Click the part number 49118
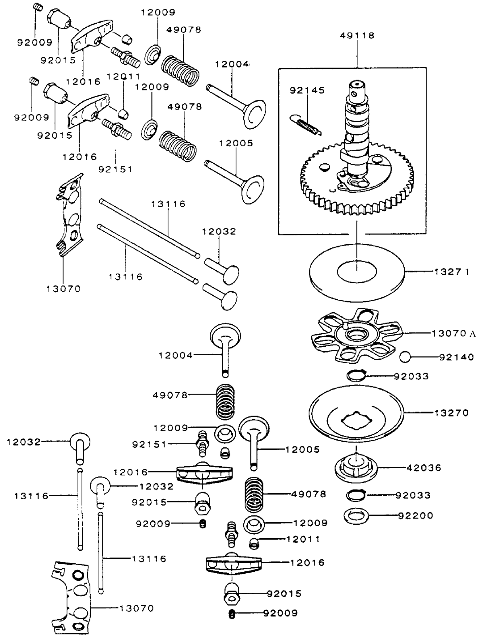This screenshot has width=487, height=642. (357, 35)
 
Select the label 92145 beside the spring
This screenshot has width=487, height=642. (307, 90)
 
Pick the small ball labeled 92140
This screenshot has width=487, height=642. (405, 357)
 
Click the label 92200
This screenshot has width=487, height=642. (415, 515)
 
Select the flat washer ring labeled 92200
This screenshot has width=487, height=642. (356, 516)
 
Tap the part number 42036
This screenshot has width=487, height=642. (423, 468)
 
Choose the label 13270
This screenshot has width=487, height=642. (451, 413)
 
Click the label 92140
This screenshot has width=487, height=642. (456, 357)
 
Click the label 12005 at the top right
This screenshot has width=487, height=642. (236, 144)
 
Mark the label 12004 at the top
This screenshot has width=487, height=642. (232, 64)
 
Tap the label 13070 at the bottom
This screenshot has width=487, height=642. (136, 608)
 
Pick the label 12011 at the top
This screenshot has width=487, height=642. (123, 77)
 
